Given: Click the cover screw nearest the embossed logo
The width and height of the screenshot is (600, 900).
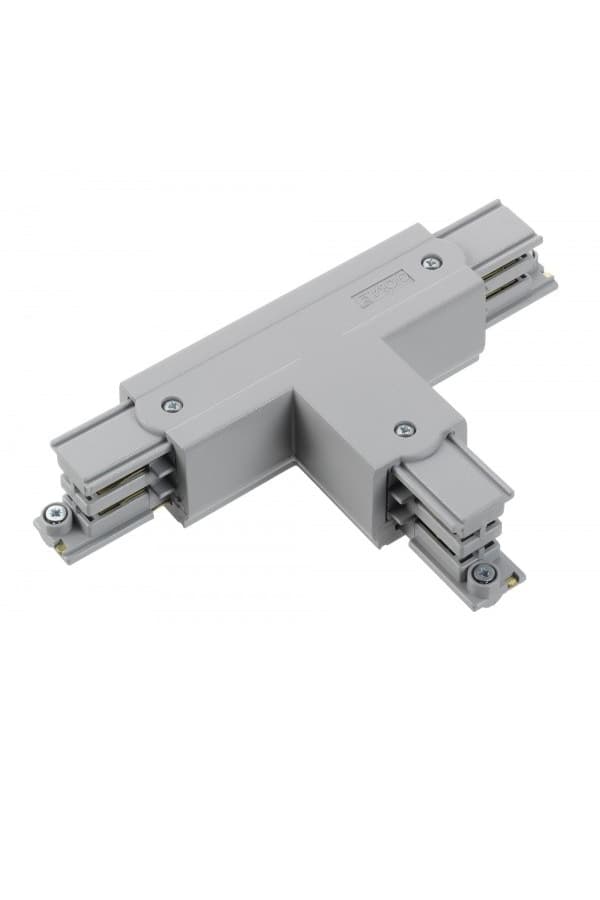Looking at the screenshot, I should click(x=431, y=262).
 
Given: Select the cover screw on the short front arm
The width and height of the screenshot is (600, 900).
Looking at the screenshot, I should click(x=405, y=430).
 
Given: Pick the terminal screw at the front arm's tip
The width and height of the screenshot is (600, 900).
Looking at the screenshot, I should click(x=485, y=573).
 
